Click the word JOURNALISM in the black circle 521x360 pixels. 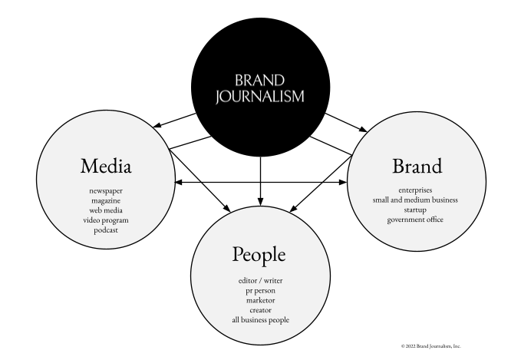pos(260,96)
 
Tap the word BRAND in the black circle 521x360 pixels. pos(260,80)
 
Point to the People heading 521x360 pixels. pos(260,255)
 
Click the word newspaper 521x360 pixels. pos(105,189)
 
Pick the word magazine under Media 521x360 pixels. pos(105,199)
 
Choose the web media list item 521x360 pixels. pos(105,209)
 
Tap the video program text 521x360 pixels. pos(105,219)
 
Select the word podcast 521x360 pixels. pos(105,229)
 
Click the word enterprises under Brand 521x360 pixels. pos(416,189)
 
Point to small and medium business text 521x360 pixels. pos(416,199)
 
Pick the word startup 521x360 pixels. pos(416,209)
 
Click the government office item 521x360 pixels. pos(416,220)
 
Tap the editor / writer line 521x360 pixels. pos(260,281)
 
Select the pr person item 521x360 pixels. pos(260,291)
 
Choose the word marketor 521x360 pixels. pos(260,301)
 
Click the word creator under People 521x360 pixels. pos(260,311)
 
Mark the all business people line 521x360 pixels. pos(260,321)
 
